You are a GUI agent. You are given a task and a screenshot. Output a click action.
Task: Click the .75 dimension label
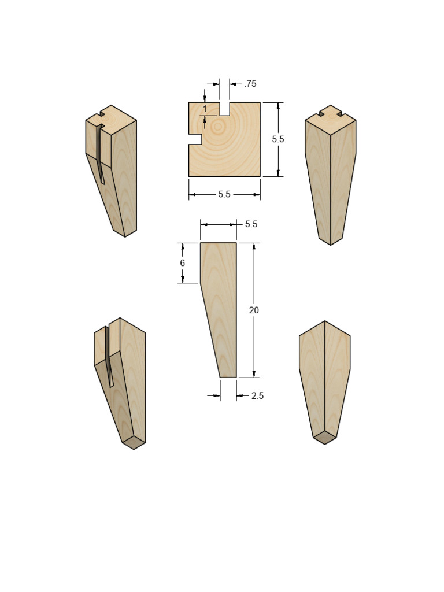click(250, 84)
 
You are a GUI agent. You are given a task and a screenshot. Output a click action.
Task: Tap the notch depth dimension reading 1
click(205, 109)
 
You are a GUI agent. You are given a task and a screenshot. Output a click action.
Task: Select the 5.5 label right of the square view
click(278, 139)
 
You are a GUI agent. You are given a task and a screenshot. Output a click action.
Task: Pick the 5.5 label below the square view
click(224, 195)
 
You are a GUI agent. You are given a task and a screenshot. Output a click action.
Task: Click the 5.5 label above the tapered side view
click(251, 224)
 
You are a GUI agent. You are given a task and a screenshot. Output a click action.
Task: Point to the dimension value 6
click(183, 263)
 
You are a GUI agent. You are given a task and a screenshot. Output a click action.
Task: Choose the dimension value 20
click(254, 310)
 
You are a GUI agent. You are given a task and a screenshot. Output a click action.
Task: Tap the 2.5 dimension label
click(257, 396)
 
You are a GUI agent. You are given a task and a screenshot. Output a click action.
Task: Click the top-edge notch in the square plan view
click(224, 109)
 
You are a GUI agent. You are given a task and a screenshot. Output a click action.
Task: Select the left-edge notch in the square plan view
click(195, 139)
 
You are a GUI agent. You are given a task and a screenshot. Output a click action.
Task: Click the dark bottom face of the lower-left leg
click(134, 443)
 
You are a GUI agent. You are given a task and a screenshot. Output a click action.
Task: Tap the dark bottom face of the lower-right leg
click(325, 437)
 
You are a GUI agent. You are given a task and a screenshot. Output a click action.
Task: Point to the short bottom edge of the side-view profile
click(228, 378)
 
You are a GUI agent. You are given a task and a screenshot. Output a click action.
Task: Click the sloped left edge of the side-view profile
click(210, 330)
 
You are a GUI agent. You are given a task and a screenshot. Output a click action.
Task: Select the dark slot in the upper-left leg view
click(101, 153)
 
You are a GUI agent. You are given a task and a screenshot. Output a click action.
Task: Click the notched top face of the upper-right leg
click(331, 117)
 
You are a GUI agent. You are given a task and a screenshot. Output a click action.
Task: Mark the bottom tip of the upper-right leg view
click(331, 245)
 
